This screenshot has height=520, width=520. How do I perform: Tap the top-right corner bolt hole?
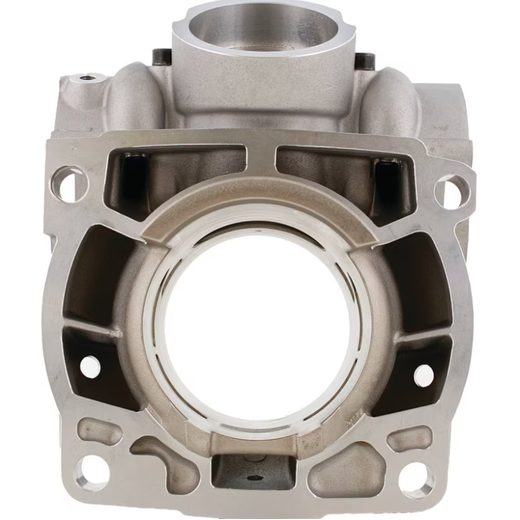click(x=452, y=187)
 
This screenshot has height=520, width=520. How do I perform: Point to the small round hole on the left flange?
click(x=90, y=367)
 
